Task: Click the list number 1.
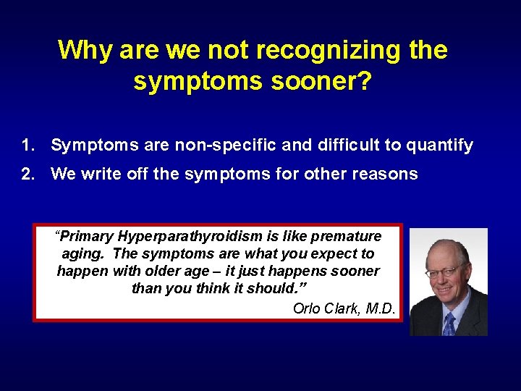[x=27, y=146]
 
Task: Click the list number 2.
[x=27, y=174]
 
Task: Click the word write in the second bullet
[x=98, y=174]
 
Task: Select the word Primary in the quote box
[x=88, y=237]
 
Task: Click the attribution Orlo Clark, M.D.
[x=344, y=308]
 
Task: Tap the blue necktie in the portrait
[x=449, y=322]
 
